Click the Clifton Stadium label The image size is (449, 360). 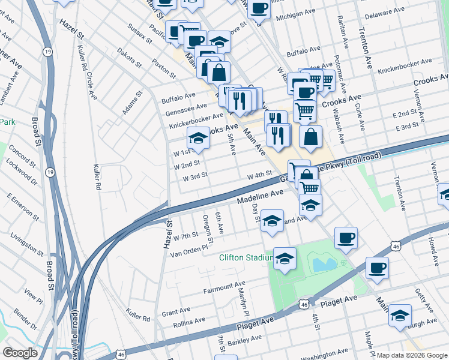(246, 258)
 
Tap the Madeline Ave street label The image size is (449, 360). (259, 197)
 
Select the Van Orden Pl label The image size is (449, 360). (192, 247)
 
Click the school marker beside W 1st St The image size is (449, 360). (198, 138)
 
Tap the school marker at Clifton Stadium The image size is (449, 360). (285, 258)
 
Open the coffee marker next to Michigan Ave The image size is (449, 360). (259, 8)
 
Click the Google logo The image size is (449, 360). (20, 353)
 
